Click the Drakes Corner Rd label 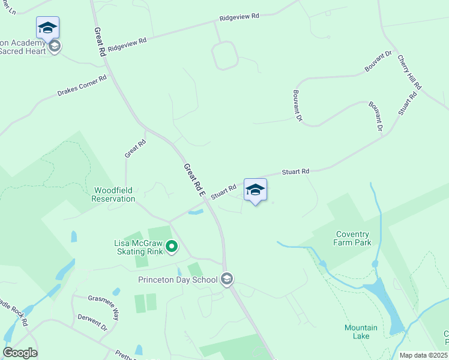(82, 86)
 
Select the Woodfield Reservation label (114, 194)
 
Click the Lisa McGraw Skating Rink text (139, 247)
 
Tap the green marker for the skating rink (172, 246)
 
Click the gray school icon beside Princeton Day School (227, 279)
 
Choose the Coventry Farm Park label (352, 238)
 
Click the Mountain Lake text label (361, 332)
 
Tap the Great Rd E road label (194, 180)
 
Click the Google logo (20, 353)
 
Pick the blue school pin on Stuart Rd (255, 190)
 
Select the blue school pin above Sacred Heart (47, 28)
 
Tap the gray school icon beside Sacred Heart (55, 47)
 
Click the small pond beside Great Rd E (196, 211)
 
